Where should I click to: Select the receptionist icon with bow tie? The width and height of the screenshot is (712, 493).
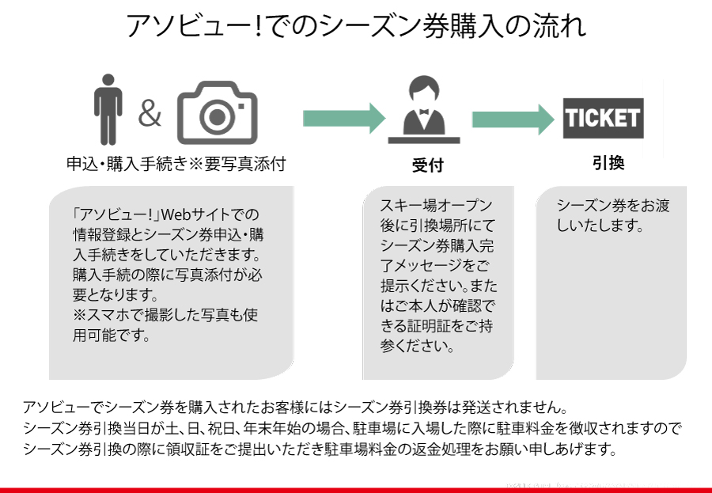point(423,112)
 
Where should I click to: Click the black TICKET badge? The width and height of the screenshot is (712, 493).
point(603,119)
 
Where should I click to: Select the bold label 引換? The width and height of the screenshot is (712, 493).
point(608,163)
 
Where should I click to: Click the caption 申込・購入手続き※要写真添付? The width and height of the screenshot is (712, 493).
point(175,164)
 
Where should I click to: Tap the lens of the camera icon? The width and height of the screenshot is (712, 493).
point(217,117)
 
